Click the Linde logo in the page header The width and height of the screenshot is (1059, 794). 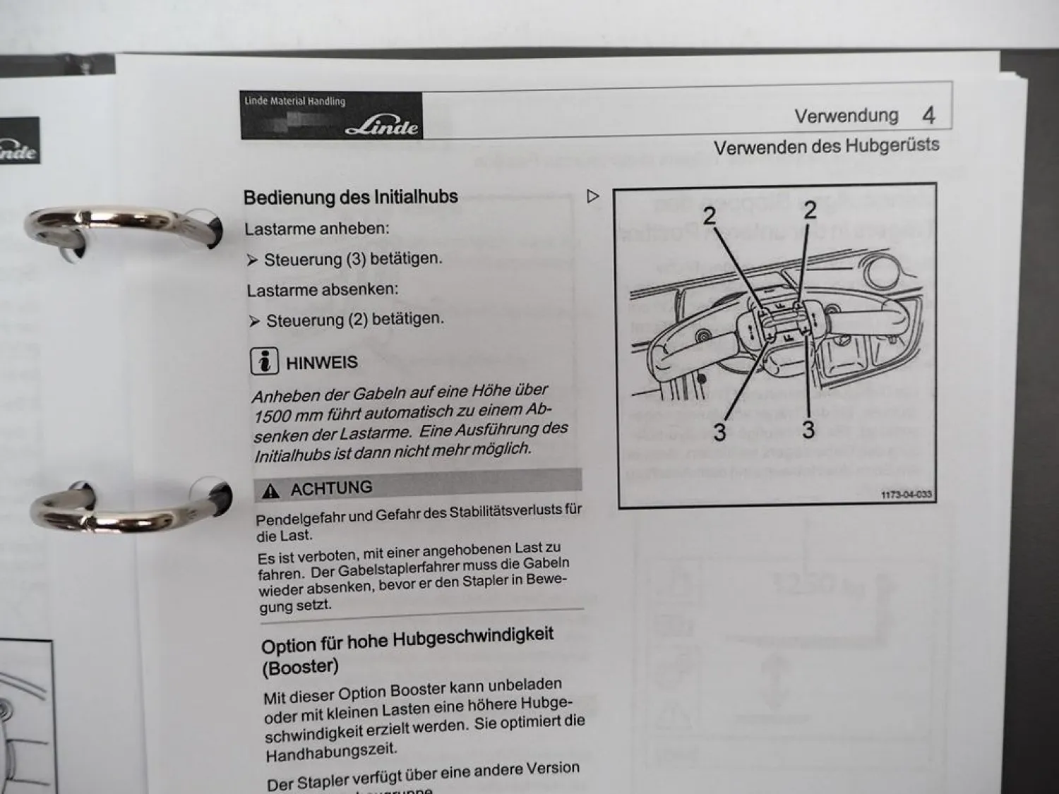[381, 126]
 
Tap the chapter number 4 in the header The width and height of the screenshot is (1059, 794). [928, 115]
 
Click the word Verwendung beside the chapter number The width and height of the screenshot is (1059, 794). [846, 116]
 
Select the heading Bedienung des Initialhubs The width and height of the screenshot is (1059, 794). [351, 197]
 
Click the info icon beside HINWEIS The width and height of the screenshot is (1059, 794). [264, 361]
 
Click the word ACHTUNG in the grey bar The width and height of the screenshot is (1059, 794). [331, 488]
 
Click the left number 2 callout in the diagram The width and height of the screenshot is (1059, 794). [710, 216]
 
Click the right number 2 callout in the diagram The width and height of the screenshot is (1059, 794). [810, 210]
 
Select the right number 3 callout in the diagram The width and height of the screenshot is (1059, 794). [808, 429]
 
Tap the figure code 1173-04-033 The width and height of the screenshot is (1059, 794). [907, 495]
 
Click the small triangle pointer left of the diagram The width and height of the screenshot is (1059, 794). [593, 196]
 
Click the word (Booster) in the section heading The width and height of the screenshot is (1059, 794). [300, 667]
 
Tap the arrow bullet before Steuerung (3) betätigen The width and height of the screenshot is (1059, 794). [253, 260]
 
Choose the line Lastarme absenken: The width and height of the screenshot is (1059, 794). [323, 289]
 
